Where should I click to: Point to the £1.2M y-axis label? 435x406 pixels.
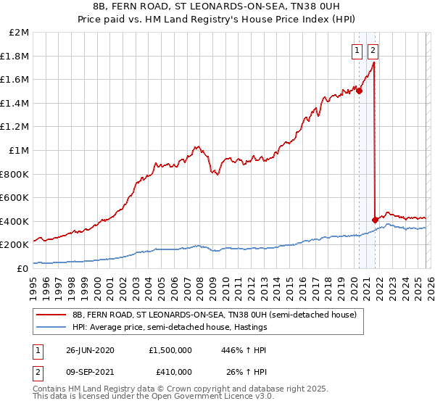[x=15, y=127]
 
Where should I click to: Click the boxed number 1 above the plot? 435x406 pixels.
[x=358, y=51]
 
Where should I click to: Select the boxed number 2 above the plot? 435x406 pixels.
[x=373, y=51]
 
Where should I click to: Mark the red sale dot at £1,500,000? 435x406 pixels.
[x=359, y=91]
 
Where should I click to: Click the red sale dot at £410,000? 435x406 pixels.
[x=374, y=220]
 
